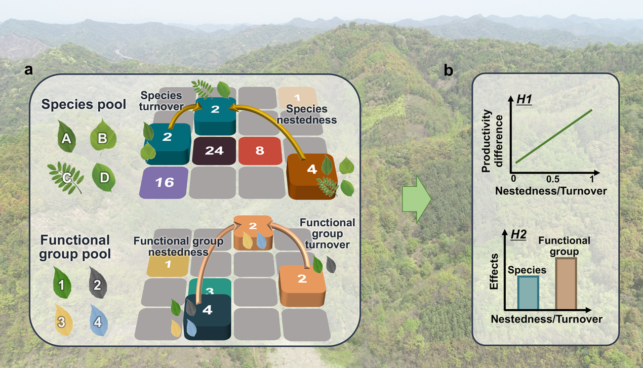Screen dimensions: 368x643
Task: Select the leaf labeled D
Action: pos(104,177)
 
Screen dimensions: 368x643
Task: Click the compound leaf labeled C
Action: pos(66,178)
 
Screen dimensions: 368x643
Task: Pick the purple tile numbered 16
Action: pos(165,182)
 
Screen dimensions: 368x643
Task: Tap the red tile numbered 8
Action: pos(260,151)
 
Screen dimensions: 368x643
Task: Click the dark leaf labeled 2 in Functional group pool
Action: pos(97,284)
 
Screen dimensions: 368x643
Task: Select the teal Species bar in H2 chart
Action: pos(528,292)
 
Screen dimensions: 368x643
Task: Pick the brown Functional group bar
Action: pos(566,283)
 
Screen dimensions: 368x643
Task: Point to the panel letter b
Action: pos(449,70)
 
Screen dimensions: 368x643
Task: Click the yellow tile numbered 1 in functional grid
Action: pos(168,264)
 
